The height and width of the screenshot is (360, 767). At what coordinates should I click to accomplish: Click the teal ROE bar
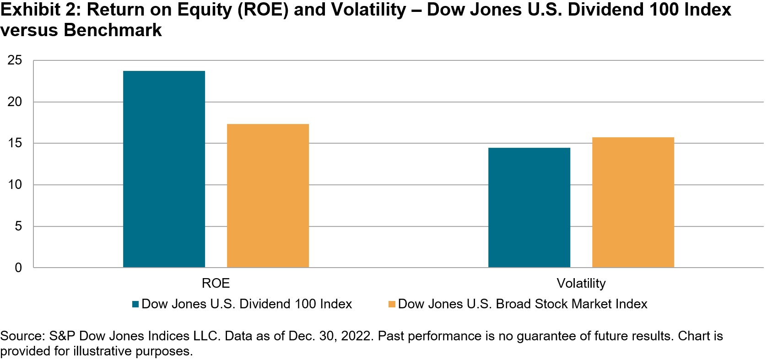(164, 169)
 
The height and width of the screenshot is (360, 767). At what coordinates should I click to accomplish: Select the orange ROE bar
(268, 196)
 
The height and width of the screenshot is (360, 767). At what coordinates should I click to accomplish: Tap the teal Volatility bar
(529, 208)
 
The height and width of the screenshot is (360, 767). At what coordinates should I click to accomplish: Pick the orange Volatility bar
(633, 202)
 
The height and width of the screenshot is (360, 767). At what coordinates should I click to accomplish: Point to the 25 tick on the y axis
(15, 60)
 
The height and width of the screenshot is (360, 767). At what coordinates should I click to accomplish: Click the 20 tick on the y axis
(15, 102)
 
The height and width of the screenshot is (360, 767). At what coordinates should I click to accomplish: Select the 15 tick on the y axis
(15, 143)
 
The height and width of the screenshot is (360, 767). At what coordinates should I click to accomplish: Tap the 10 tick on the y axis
(15, 185)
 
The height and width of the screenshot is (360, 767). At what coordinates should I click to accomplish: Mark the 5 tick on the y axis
(18, 226)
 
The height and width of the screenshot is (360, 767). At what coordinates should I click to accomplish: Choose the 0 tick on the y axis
(18, 268)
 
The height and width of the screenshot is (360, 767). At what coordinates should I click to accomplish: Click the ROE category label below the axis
(216, 283)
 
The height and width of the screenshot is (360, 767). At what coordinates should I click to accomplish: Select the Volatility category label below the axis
(581, 283)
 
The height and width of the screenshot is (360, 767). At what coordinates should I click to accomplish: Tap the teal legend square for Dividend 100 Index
(135, 304)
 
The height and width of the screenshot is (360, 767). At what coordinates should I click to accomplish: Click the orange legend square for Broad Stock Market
(392, 304)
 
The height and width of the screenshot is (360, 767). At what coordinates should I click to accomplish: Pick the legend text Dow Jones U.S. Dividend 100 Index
(247, 304)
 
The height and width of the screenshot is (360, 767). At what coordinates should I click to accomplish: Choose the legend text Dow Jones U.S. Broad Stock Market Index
(523, 304)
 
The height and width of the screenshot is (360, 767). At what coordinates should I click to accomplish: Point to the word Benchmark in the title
(113, 30)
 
